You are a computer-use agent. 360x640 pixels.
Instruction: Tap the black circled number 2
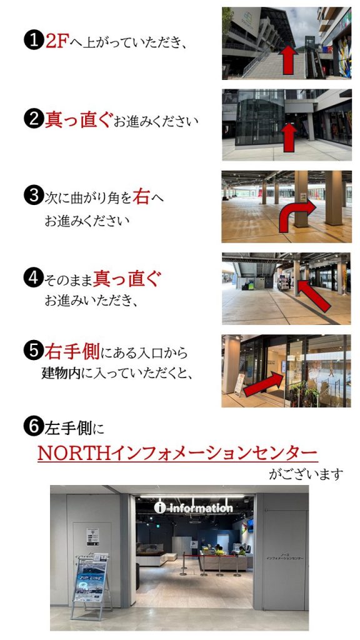pyautogui.click(x=34, y=119)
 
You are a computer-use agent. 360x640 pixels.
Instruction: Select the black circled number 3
pyautogui.click(x=34, y=196)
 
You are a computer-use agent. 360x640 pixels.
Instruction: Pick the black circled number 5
pyautogui.click(x=34, y=351)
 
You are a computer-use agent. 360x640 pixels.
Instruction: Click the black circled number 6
pyautogui.click(x=34, y=427)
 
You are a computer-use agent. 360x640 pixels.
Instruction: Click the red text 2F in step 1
pyautogui.click(x=56, y=41)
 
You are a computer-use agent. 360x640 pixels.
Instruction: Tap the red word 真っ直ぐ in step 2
pyautogui.click(x=78, y=119)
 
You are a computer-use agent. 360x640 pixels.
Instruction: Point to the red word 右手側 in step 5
pyautogui.click(x=72, y=351)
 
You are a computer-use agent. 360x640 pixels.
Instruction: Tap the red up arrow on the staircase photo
pyautogui.click(x=289, y=60)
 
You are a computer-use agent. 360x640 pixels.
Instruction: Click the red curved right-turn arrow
pyautogui.click(x=295, y=216)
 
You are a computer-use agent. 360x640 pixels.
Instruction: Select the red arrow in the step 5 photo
pyautogui.click(x=264, y=385)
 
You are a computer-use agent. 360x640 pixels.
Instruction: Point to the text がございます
pyautogui.click(x=306, y=474)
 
